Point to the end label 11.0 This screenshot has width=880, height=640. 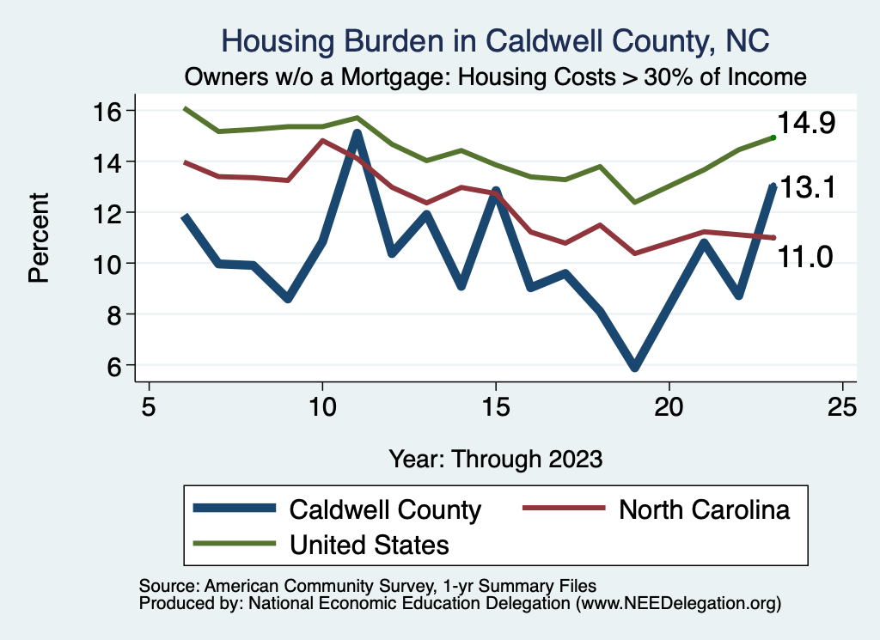(x=804, y=255)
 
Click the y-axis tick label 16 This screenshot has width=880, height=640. (x=110, y=111)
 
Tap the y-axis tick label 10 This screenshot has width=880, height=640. (x=110, y=264)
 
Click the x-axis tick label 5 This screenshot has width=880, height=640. (x=150, y=406)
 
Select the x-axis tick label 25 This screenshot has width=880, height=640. (x=842, y=406)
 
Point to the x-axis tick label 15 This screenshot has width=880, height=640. (x=495, y=406)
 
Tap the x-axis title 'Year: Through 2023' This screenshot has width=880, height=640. (x=495, y=458)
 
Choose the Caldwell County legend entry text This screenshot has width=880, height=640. (x=385, y=509)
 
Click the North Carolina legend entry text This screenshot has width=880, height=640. (x=703, y=509)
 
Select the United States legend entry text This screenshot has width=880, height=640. (x=370, y=544)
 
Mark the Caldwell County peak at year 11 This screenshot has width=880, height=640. (x=357, y=134)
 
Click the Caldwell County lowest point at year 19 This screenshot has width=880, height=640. (x=634, y=367)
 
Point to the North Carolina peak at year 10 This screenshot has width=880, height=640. (x=322, y=140)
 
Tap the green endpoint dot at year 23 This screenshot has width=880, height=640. (x=773, y=137)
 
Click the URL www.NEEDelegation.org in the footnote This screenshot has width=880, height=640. (x=678, y=604)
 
